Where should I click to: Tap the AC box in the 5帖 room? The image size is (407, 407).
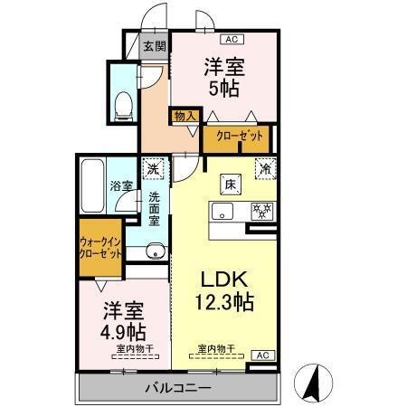(x=230, y=39)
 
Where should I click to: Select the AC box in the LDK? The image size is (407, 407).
(x=260, y=355)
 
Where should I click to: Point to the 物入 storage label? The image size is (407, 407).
(x=185, y=116)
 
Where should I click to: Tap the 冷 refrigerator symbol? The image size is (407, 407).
(x=266, y=167)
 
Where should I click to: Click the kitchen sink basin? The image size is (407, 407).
(x=222, y=213)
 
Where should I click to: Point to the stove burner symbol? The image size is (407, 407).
(x=261, y=212)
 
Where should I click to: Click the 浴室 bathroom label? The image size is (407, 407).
(x=122, y=186)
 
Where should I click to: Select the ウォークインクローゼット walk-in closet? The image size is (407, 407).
(x=100, y=250)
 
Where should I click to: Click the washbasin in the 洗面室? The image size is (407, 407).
(x=155, y=251)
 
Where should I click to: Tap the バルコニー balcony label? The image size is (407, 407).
(x=178, y=387)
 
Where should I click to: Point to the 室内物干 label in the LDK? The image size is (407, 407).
(x=214, y=348)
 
